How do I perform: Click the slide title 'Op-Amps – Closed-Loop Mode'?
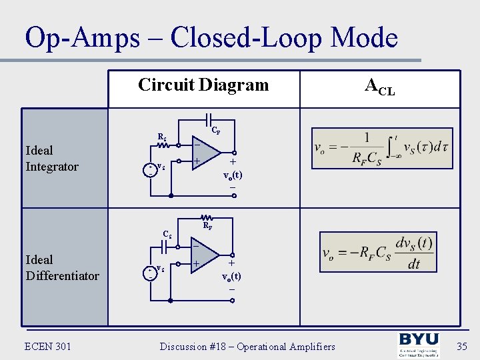(211, 38)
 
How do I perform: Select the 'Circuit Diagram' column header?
(203, 85)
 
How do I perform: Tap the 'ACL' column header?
(379, 86)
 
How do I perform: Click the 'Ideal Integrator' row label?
(51, 159)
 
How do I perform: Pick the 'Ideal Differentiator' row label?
(61, 267)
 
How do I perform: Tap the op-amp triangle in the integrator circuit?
(204, 153)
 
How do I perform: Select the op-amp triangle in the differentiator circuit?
(204, 255)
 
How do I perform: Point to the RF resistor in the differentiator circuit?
(207, 218)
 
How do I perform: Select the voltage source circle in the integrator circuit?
(151, 168)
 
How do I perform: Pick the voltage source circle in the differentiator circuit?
(151, 271)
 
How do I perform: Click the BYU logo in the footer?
(419, 346)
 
